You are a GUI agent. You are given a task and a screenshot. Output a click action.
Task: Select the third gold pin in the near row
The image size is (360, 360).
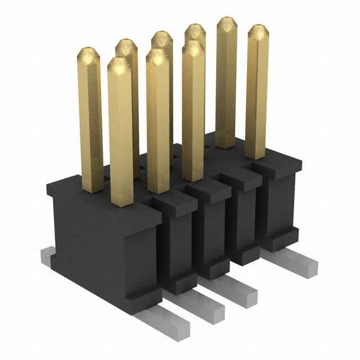[x=192, y=112]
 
